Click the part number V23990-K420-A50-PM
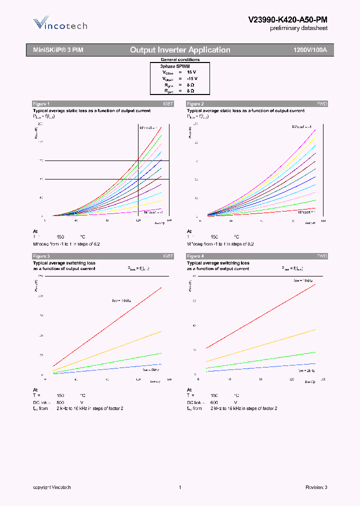[287, 19]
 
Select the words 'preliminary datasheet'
[299, 28]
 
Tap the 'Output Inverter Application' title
[180, 50]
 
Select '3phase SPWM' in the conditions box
[174, 65]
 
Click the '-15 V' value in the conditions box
[192, 78]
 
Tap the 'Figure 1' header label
[41, 103]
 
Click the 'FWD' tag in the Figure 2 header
[322, 103]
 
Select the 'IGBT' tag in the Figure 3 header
[168, 256]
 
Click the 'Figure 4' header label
[195, 256]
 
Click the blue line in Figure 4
[260, 367]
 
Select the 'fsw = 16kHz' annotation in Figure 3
[121, 300]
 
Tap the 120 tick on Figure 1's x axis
[138, 220]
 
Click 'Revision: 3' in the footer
[316, 487]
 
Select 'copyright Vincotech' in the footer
[52, 487]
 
